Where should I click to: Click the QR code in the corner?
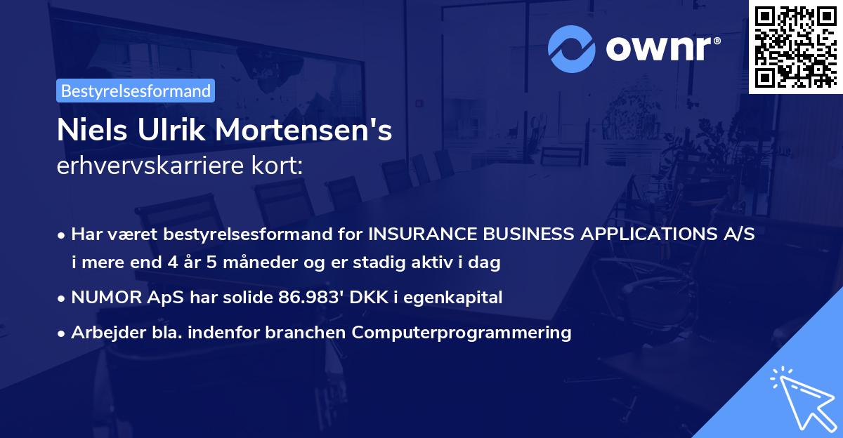coord(796,46)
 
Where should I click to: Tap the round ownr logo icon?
coord(573,48)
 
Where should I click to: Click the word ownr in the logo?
coord(661,49)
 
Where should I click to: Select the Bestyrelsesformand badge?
coord(136,91)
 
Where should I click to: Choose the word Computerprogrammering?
coord(462,332)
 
